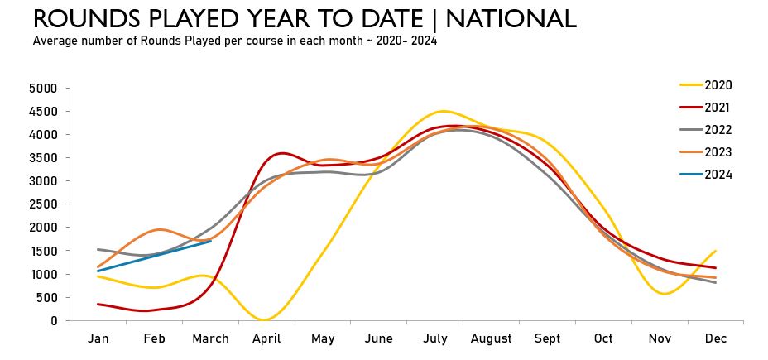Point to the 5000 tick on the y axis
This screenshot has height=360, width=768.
click(x=42, y=89)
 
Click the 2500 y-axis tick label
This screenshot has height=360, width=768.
click(x=42, y=204)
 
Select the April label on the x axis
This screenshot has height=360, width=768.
click(x=266, y=339)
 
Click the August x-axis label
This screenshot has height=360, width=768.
click(x=491, y=339)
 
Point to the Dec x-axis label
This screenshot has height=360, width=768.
click(x=715, y=339)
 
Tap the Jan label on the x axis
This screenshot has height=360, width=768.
click(x=98, y=339)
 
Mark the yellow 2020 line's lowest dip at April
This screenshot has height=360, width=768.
click(x=265, y=319)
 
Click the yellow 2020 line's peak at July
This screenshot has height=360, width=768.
click(x=444, y=111)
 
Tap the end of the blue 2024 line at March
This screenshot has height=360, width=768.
click(x=211, y=241)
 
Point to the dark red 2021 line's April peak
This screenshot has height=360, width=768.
click(x=281, y=153)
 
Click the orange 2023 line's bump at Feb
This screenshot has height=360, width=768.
click(x=160, y=229)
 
